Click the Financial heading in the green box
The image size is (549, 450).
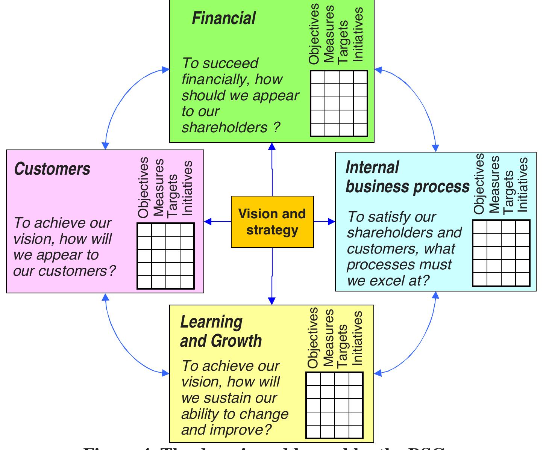tap(223, 18)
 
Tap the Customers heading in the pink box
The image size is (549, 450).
tap(52, 169)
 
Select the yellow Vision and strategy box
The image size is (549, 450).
tap(272, 222)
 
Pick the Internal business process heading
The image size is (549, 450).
tap(407, 177)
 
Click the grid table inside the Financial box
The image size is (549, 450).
tap(339, 103)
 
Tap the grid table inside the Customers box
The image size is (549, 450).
tap(165, 256)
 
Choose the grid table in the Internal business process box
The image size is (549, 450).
tap(501, 253)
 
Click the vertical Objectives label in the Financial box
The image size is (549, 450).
tap(314, 34)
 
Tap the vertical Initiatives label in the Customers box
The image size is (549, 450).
tap(187, 188)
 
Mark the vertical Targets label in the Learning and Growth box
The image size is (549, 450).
tap(342, 346)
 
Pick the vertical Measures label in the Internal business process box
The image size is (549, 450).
tap(494, 184)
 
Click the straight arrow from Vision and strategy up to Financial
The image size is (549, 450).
tap(272, 169)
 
